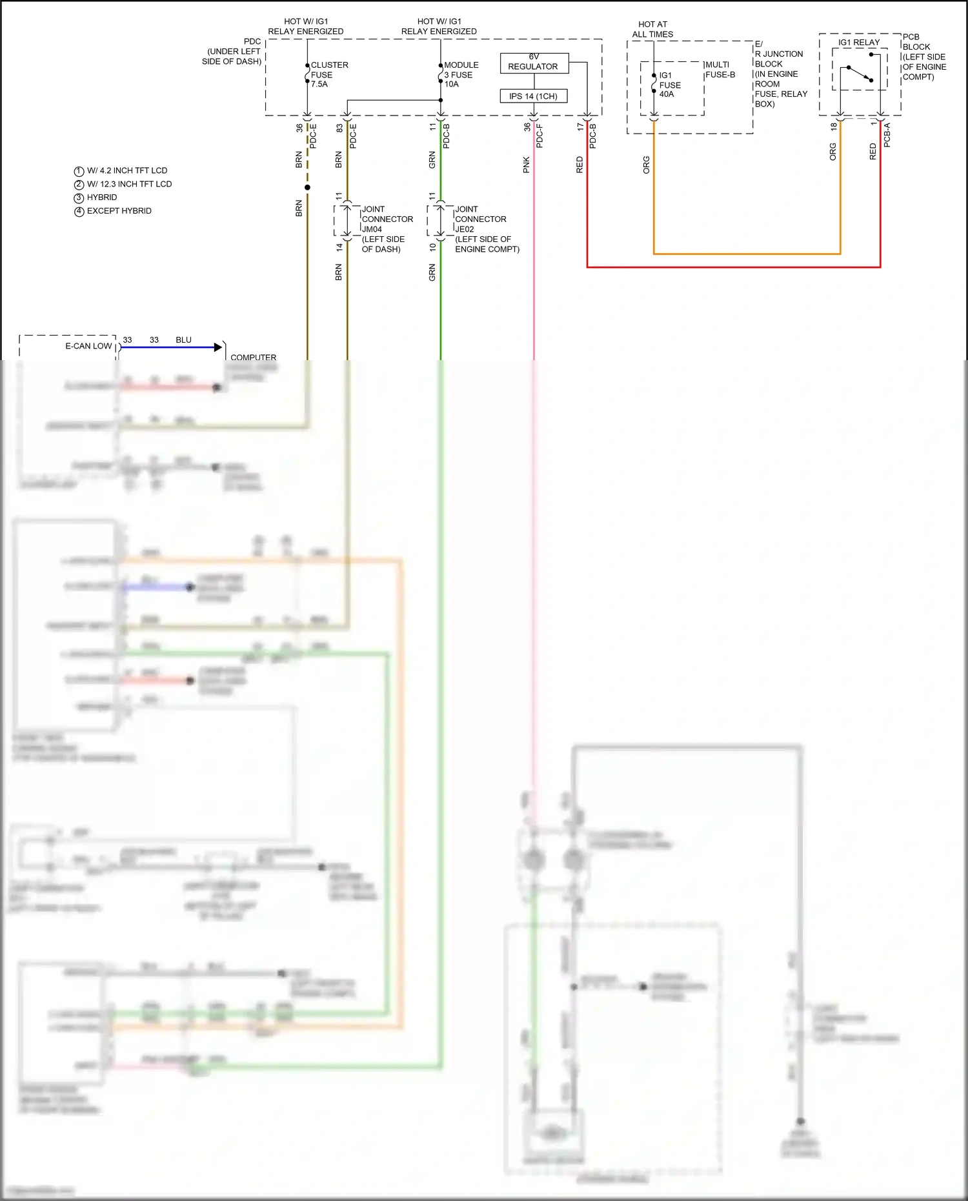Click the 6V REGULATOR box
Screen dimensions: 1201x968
tap(534, 63)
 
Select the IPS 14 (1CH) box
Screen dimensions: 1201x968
tap(534, 96)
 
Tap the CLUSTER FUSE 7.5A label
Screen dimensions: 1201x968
tap(329, 74)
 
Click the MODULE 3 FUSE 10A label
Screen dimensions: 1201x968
tap(461, 74)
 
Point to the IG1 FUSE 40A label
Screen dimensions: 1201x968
tap(670, 85)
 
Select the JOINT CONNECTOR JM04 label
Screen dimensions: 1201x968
tap(387, 228)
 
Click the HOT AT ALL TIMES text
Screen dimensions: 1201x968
tap(652, 29)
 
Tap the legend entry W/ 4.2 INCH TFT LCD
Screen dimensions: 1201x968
tap(126, 171)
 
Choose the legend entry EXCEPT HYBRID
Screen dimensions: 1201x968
tap(119, 211)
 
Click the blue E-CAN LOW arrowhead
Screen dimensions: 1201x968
tap(218, 347)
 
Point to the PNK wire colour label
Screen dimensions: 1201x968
tap(526, 165)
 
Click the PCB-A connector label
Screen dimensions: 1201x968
tap(887, 135)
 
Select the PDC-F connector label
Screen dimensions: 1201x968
tap(539, 136)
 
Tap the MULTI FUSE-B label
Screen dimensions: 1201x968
tap(720, 70)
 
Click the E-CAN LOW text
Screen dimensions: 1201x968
tap(88, 346)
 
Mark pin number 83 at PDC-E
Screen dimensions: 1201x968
tap(339, 128)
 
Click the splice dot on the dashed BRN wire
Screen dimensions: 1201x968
tap(307, 187)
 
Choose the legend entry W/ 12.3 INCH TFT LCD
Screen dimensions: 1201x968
tap(129, 185)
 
